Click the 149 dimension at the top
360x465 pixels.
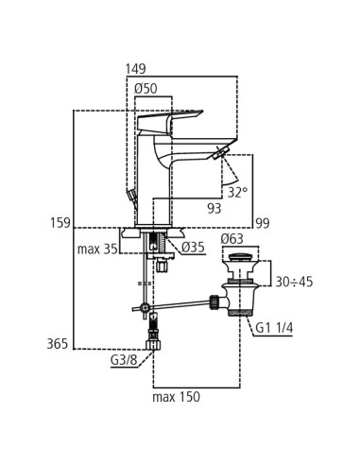(136, 69)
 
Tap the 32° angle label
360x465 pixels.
(237, 192)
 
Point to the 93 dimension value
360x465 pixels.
(216, 208)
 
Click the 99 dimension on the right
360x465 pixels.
(262, 223)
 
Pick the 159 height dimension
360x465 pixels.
(60, 223)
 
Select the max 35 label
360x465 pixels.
(96, 249)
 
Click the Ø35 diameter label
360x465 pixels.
(193, 248)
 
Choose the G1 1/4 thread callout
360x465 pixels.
(274, 328)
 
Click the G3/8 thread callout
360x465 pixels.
(123, 360)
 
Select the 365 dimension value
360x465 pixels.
(58, 344)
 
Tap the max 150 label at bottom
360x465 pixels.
(176, 398)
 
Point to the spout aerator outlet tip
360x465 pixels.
(222, 154)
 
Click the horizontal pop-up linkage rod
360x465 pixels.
(180, 303)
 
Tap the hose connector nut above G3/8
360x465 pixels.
(152, 347)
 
